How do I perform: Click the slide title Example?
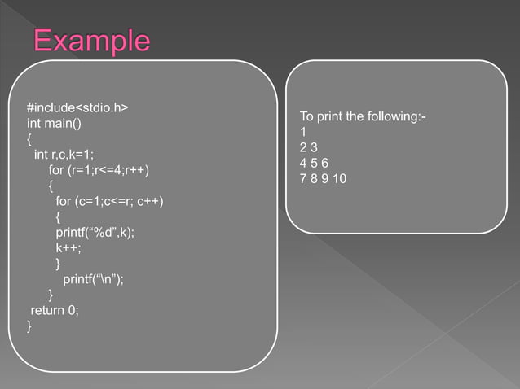(x=91, y=40)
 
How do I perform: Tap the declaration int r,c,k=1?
(x=64, y=155)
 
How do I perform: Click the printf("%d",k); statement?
(x=95, y=232)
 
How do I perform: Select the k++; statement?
(x=68, y=247)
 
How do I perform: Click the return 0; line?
(x=55, y=309)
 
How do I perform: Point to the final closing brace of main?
(x=29, y=326)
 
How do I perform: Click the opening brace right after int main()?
(x=29, y=139)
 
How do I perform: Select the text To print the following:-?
(x=363, y=117)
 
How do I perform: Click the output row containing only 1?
(x=303, y=132)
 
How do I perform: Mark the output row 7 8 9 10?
(x=323, y=177)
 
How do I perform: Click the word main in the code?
(x=59, y=124)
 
